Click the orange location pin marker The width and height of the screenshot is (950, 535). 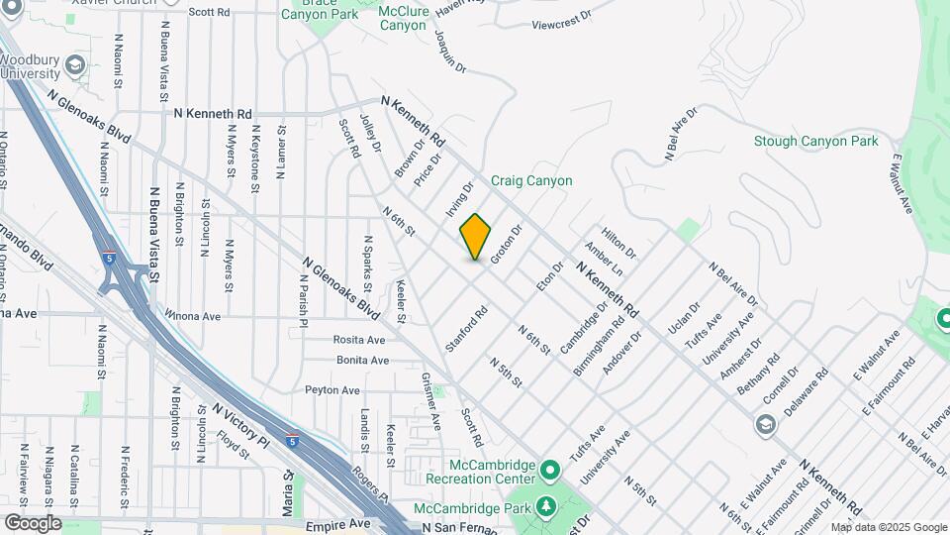click(x=475, y=237)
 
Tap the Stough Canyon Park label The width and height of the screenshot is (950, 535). click(x=815, y=142)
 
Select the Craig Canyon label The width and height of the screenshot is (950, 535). click(x=532, y=180)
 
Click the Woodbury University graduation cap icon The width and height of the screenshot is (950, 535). click(x=73, y=66)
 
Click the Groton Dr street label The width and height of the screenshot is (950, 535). click(x=505, y=244)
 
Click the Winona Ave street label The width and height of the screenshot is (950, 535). click(x=193, y=316)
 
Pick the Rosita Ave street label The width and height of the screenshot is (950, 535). click(x=359, y=340)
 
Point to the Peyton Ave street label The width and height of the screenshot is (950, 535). click(x=332, y=390)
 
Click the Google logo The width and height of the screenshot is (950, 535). click(x=33, y=523)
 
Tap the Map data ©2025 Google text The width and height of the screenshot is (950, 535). click(x=888, y=528)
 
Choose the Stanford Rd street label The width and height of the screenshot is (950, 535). click(x=468, y=326)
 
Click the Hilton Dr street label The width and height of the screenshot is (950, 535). click(x=617, y=241)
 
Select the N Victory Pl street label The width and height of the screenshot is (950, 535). click(x=239, y=422)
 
